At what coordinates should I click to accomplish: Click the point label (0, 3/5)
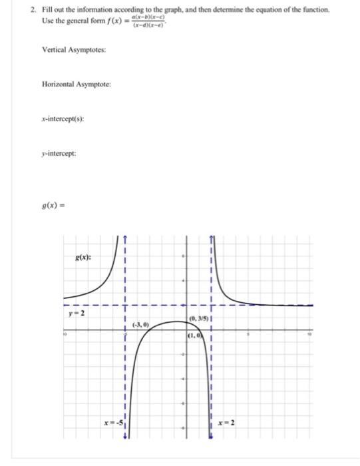point(199,318)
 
